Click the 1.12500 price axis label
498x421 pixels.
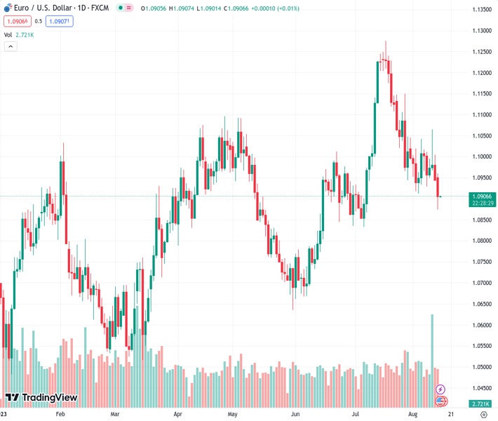(x=481, y=52)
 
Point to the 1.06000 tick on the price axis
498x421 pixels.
(x=481, y=325)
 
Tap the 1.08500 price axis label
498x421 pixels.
(x=481, y=220)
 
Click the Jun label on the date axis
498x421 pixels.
(x=295, y=415)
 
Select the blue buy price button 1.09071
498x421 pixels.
(x=60, y=21)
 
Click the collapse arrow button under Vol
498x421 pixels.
(x=11, y=46)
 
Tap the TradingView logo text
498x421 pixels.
(x=49, y=398)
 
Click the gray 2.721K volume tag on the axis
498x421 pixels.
(x=481, y=403)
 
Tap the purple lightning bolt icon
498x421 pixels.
(x=440, y=389)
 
